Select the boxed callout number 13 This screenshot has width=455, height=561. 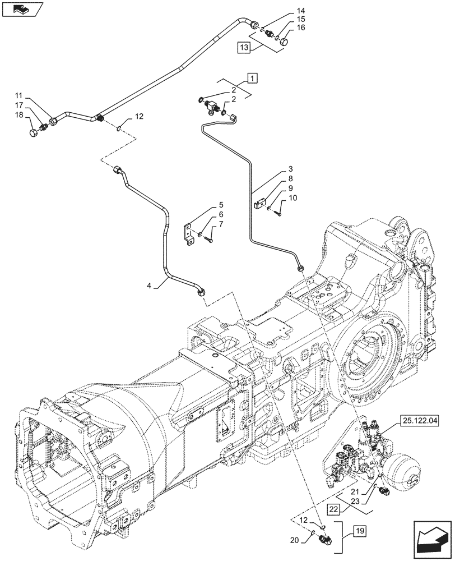[x=244, y=48]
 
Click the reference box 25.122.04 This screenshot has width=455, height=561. [x=420, y=419]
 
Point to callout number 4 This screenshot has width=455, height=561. [x=149, y=286]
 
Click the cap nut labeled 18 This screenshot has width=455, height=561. [x=34, y=134]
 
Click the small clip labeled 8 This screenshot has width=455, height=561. [x=258, y=204]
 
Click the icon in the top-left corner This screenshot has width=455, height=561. [x=22, y=10]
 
